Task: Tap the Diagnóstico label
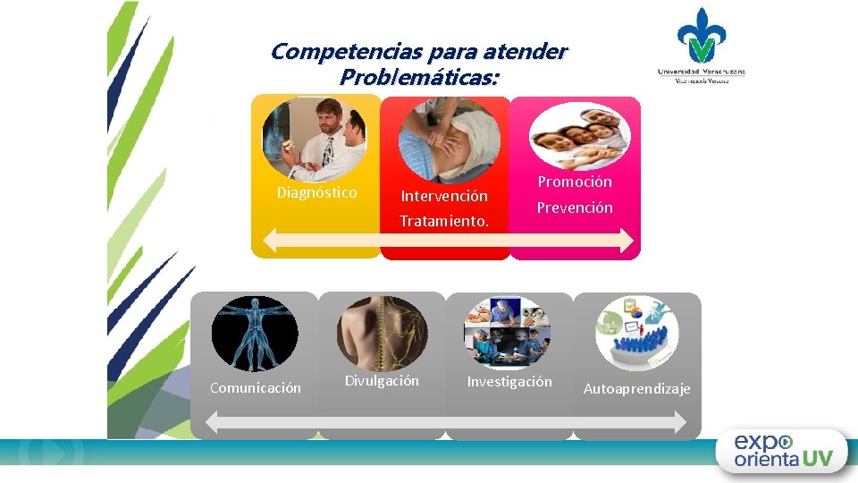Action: tap(316, 192)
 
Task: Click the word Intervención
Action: tap(444, 195)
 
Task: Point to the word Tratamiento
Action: tap(444, 220)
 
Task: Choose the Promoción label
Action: tap(575, 182)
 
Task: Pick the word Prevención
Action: tap(575, 208)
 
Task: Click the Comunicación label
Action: tap(255, 387)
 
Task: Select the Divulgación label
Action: tap(382, 380)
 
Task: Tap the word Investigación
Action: tap(509, 382)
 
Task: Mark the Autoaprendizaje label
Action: tap(637, 388)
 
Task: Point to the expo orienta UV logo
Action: tap(783, 452)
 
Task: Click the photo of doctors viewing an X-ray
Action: tap(314, 140)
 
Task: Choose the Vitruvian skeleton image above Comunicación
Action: tap(255, 334)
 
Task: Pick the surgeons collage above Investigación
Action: tap(508, 333)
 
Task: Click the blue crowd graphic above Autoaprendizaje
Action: tap(637, 333)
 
